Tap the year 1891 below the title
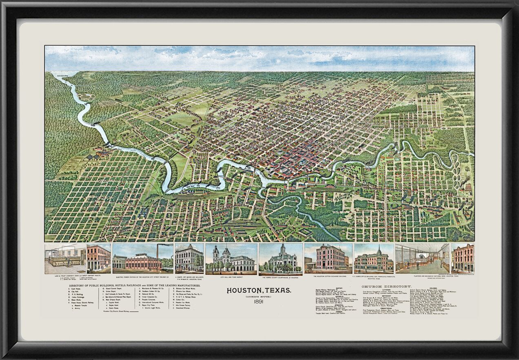point(259,302)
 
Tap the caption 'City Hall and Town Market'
point(231,276)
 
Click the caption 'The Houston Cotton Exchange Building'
point(328,276)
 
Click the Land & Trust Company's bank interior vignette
point(65,259)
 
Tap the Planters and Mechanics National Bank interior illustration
point(422,259)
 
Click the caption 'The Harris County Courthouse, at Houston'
point(281,276)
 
